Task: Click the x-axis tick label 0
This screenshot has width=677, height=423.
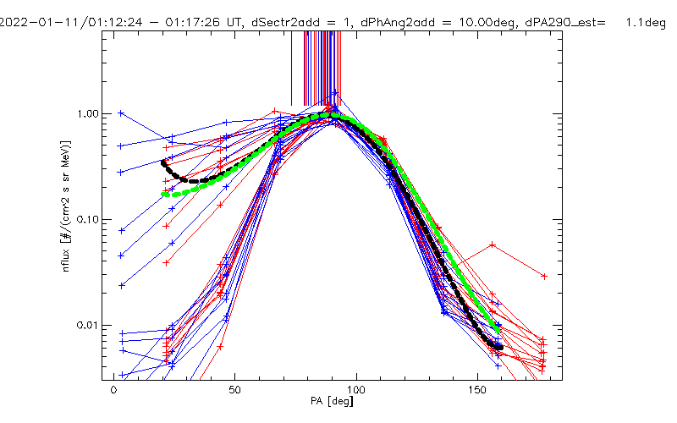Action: [113, 393]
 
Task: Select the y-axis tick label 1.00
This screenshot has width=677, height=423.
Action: [91, 113]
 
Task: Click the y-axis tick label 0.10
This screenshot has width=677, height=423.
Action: [91, 219]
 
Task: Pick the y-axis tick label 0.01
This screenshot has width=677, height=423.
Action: [91, 326]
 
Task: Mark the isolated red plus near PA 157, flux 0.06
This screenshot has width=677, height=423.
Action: [493, 245]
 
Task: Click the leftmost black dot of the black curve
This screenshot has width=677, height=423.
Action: [163, 162]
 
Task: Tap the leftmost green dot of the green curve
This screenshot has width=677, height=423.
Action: [164, 194]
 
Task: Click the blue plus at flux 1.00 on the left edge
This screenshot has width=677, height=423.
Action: [121, 113]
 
